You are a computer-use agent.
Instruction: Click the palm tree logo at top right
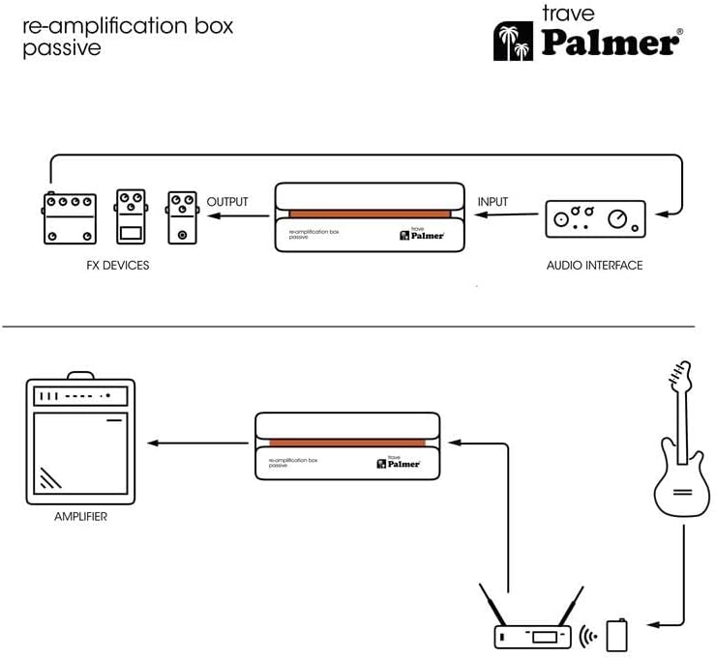coord(512,41)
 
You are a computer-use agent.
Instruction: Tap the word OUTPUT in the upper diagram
coord(227,202)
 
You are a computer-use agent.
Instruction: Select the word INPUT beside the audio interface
coord(492,202)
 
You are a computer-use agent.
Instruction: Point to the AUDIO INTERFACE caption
coord(594,265)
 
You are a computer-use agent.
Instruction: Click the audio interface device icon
coord(595,217)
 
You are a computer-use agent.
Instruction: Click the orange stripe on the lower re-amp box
coord(347,443)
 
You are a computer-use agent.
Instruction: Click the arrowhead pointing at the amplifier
coord(152,443)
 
